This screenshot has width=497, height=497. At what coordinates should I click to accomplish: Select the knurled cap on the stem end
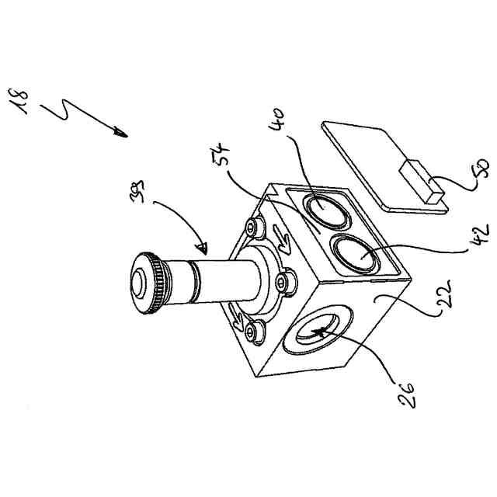coord(148,285)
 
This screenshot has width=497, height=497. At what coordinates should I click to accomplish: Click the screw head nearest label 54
coord(253,228)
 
